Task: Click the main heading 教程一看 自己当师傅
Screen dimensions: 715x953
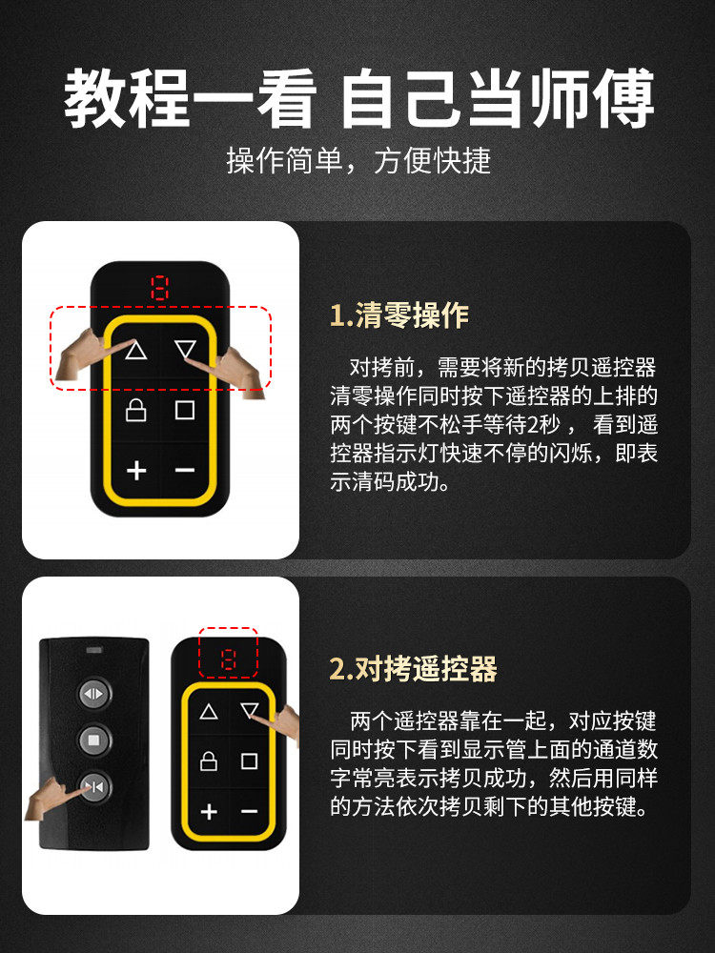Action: [358, 97]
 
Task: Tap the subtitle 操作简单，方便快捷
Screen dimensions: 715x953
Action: [358, 160]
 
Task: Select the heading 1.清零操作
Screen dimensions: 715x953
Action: [399, 315]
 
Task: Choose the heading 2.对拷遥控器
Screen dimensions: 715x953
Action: [414, 669]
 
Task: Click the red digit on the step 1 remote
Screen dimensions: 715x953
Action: [159, 288]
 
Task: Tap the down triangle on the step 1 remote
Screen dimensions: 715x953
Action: [185, 350]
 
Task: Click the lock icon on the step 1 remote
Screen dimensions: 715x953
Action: [135, 410]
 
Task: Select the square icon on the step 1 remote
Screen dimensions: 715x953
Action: [185, 410]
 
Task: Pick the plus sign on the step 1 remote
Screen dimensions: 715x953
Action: [136, 471]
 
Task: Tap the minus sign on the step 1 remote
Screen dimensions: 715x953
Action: [185, 471]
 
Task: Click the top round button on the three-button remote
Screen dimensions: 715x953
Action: [94, 694]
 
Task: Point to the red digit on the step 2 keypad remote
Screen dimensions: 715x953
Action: [228, 659]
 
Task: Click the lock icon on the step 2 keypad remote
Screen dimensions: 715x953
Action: [209, 760]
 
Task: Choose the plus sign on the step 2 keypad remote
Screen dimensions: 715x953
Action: [209, 811]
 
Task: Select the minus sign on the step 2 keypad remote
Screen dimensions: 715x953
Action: [249, 811]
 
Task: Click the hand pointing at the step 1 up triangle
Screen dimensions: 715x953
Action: [85, 355]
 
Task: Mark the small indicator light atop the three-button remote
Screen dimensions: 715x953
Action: [94, 650]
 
